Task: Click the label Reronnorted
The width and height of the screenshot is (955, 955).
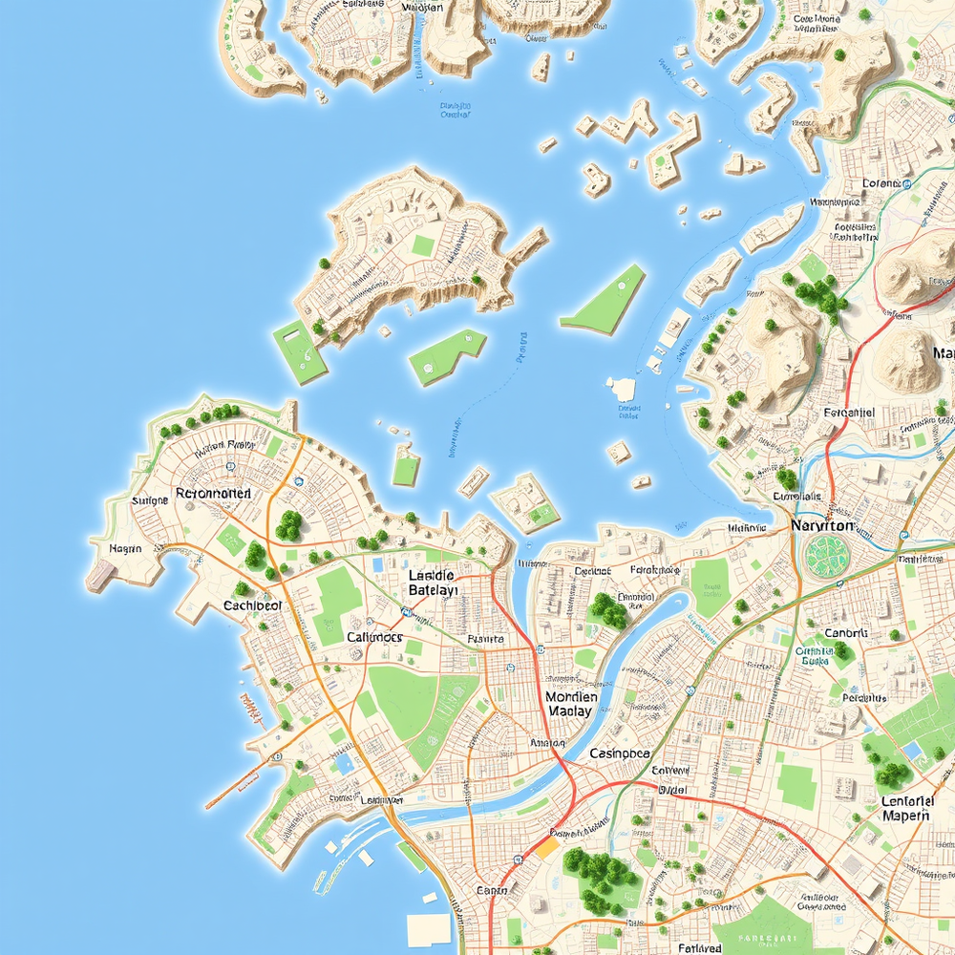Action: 214,494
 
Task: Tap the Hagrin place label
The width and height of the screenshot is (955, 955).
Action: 125,548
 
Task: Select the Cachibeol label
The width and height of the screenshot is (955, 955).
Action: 252,605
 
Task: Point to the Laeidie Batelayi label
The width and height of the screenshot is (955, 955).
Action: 433,584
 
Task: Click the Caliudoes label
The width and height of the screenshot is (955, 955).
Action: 374,637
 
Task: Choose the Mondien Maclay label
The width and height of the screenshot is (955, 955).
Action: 571,705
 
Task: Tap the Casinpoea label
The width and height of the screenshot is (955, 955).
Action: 620,753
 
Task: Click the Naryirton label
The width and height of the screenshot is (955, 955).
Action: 822,526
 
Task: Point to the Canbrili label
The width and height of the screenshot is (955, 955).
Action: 845,633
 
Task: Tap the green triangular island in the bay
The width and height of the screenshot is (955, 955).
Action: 605,301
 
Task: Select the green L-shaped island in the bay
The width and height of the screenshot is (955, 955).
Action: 445,354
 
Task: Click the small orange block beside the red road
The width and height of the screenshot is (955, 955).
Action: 546,847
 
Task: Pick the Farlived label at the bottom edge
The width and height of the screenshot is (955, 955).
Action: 700,948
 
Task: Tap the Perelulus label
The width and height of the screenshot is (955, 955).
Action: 864,698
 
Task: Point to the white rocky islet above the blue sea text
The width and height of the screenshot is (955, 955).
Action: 623,389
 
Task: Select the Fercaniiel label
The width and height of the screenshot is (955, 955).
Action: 849,414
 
